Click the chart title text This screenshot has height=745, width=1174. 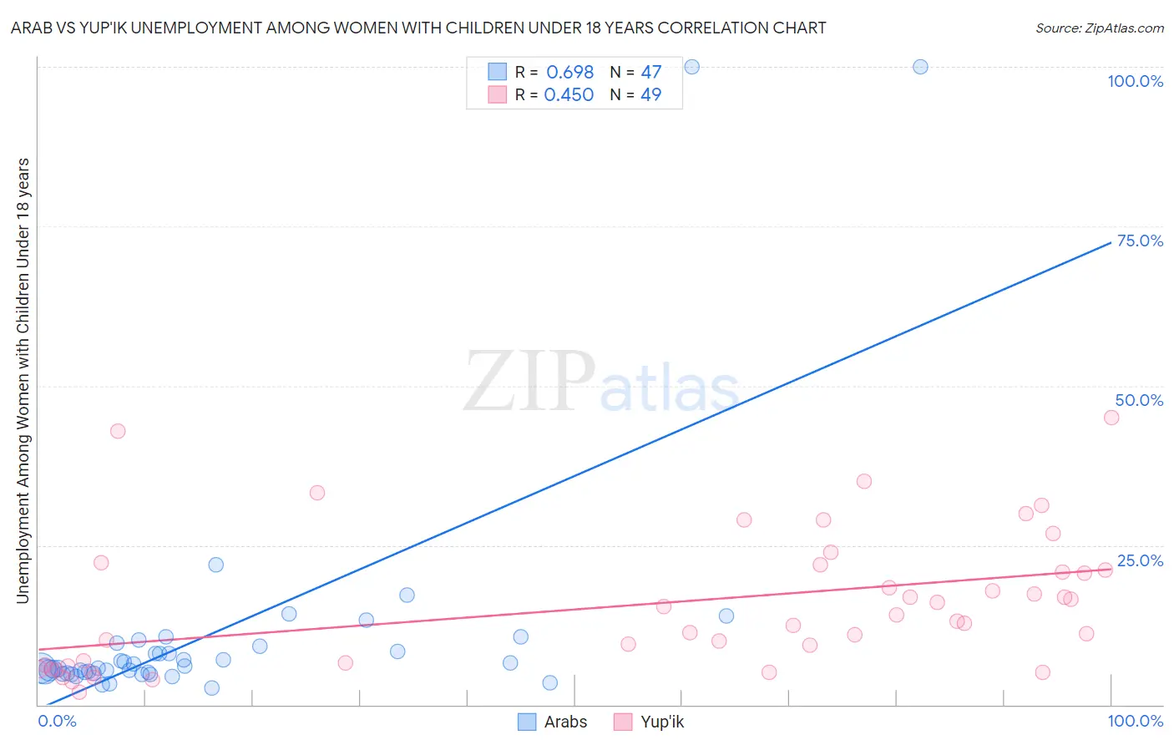(418, 28)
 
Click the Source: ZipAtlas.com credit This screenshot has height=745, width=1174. (1099, 28)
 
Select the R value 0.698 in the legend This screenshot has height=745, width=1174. (569, 72)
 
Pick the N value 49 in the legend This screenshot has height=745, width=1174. (650, 94)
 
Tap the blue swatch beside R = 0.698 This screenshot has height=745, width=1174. (498, 72)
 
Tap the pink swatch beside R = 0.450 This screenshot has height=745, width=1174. (498, 94)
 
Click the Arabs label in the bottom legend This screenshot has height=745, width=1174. (565, 722)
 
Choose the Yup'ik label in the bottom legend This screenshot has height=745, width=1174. (661, 722)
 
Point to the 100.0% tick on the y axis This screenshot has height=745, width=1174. (1135, 81)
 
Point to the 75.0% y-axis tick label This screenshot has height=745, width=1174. (1140, 241)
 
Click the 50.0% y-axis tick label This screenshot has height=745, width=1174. (1139, 400)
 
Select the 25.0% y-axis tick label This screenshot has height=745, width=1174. (1140, 560)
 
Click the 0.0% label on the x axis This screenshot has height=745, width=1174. (57, 721)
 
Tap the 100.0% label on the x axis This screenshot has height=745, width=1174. (1135, 721)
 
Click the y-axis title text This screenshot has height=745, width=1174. (23, 380)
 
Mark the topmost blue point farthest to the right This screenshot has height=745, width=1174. (920, 67)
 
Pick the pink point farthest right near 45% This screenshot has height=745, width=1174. (1111, 418)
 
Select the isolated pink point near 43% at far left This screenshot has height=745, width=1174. (118, 431)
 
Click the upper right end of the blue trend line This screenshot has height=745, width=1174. (1111, 242)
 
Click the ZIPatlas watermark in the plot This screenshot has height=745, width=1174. (601, 382)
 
